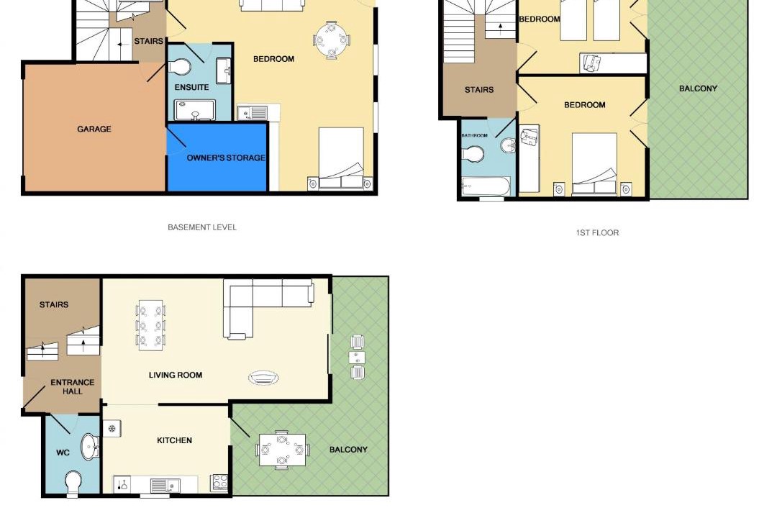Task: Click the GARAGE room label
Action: click(x=94, y=129)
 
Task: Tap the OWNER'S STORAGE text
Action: click(x=226, y=158)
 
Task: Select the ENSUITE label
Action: click(x=191, y=87)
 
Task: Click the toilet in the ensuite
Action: click(x=179, y=67)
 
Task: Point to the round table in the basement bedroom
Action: click(x=331, y=39)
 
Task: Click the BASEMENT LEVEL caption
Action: click(x=202, y=227)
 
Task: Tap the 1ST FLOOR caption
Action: click(x=597, y=232)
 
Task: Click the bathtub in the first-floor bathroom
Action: click(x=486, y=187)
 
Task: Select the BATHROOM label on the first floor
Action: click(x=474, y=135)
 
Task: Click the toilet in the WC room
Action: click(x=73, y=483)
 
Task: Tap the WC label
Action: click(x=63, y=453)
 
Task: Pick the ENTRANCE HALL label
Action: click(x=73, y=386)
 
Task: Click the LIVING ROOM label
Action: click(x=176, y=376)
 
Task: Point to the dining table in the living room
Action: click(x=150, y=325)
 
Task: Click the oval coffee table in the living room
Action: click(x=263, y=378)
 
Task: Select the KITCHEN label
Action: click(x=174, y=440)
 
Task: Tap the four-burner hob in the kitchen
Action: click(x=219, y=482)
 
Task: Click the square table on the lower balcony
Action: click(x=282, y=450)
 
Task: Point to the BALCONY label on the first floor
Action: click(x=698, y=88)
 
